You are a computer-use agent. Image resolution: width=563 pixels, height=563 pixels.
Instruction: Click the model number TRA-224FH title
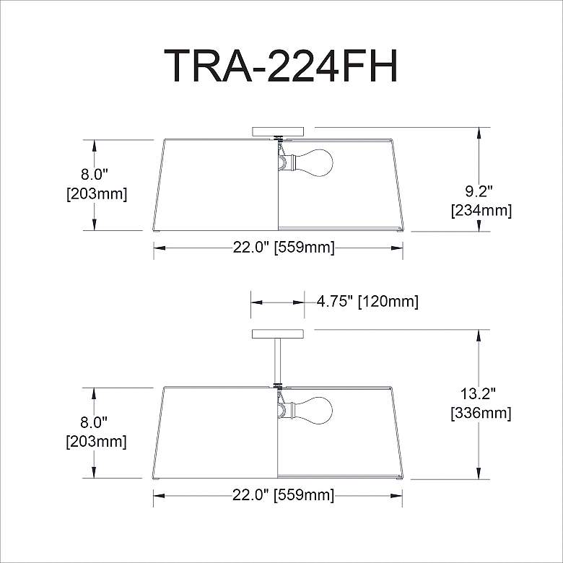point(281,66)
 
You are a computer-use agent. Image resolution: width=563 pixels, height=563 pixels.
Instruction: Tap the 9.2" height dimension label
point(479,192)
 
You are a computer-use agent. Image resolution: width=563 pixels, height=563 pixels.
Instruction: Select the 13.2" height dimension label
point(478,394)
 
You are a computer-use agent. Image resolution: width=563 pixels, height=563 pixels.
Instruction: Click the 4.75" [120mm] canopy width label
point(367,302)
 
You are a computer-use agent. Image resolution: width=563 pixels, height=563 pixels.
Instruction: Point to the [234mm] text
point(481,211)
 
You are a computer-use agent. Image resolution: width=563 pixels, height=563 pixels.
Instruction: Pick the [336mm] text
point(481,414)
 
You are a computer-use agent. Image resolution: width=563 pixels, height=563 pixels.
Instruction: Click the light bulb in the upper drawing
point(312,162)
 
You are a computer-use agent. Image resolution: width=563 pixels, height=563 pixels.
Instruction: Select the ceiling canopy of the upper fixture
point(278,131)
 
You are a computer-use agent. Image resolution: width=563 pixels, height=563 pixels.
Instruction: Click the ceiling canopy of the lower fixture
point(278,334)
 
